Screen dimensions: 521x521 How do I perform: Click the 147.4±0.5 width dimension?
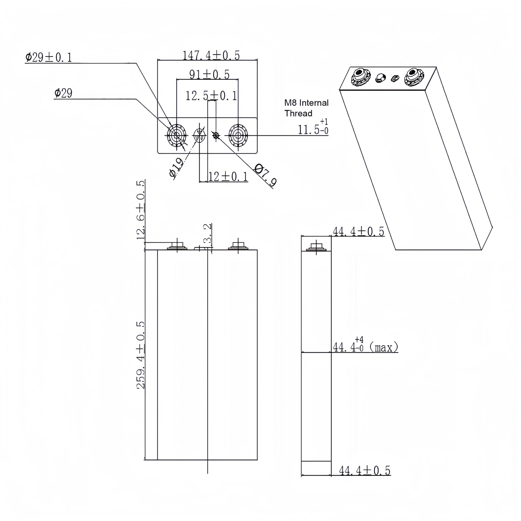(211, 55)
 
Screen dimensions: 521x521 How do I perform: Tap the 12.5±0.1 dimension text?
(211, 96)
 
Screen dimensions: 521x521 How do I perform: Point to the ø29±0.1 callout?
(49, 57)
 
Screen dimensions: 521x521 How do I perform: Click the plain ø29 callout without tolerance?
(63, 93)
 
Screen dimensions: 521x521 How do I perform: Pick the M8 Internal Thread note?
(306, 108)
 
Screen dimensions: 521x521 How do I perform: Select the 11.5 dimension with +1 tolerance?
(313, 129)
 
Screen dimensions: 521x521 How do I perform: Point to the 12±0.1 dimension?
(228, 177)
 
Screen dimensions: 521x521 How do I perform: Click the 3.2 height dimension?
(208, 233)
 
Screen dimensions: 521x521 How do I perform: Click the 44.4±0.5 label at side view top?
(358, 231)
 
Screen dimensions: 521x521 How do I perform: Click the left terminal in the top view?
(177, 136)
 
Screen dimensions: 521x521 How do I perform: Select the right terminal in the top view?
(238, 136)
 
